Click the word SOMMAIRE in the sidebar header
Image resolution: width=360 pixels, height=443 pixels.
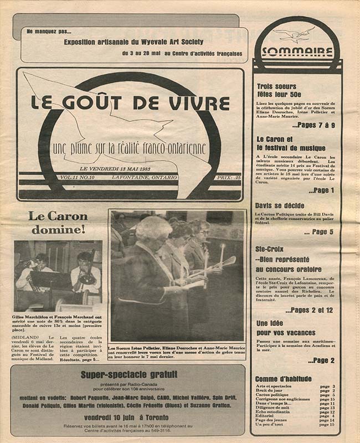(297, 52)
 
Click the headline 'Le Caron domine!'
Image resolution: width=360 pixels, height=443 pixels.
(58, 222)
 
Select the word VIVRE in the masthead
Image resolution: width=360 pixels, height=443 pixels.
(198, 103)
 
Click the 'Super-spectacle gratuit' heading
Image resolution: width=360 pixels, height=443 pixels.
(127, 375)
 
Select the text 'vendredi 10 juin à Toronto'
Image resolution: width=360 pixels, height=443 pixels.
(127, 416)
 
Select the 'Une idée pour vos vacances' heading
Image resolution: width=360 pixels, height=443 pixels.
(285, 327)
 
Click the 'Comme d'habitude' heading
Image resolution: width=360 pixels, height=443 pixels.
(284, 379)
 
